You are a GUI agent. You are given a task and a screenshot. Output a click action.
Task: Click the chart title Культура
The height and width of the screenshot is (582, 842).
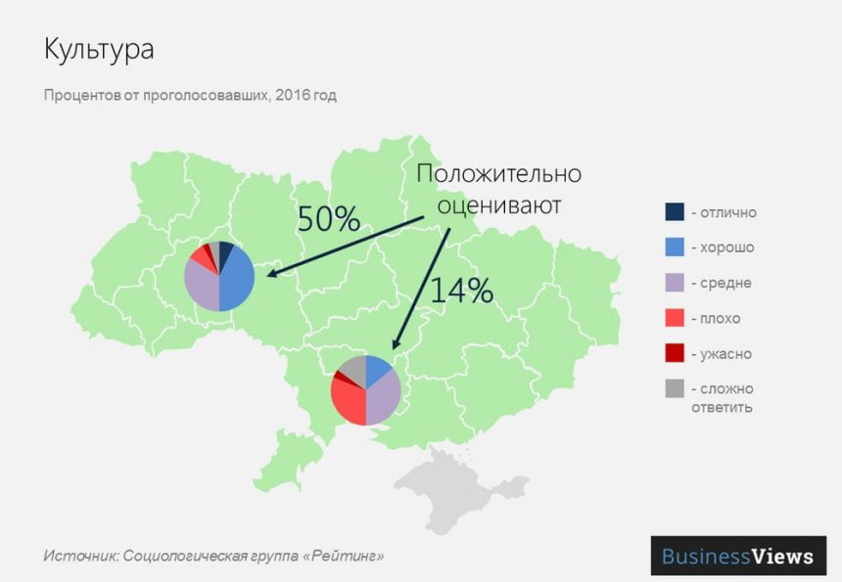[99, 50]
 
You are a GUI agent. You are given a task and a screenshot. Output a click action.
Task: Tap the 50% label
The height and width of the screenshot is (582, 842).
[329, 218]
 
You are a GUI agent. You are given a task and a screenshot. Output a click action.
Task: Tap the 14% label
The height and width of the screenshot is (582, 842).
[460, 291]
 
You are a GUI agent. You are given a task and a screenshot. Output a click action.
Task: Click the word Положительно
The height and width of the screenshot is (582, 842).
[498, 175]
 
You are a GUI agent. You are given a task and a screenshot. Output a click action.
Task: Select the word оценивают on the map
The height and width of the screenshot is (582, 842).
[499, 205]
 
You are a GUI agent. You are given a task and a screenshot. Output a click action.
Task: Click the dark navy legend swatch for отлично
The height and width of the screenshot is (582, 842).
[674, 212]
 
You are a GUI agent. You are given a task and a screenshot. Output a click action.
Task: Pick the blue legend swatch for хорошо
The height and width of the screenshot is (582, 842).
[674, 247]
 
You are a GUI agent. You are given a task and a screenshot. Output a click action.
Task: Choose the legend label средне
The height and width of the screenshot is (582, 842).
[725, 284]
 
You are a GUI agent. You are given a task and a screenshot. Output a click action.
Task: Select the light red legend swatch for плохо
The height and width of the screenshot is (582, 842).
[674, 319]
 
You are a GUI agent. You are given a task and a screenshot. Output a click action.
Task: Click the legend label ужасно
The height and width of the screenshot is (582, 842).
[725, 354]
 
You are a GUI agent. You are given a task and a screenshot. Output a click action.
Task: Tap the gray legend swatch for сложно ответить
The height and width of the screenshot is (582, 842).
[674, 388]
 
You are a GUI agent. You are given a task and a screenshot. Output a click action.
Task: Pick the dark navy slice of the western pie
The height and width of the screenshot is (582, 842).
[225, 253]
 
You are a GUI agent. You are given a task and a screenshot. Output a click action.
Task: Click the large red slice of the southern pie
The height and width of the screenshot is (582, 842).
[348, 401]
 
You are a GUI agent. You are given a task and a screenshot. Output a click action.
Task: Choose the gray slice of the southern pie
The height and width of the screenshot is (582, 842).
[354, 369]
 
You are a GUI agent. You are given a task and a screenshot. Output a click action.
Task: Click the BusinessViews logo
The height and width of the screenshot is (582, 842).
[737, 557]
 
